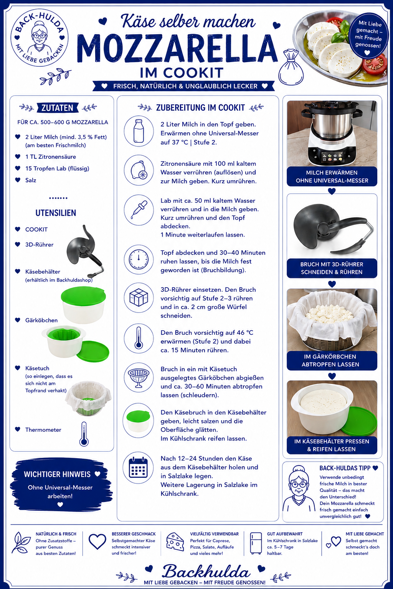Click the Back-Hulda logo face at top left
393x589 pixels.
point(40,37)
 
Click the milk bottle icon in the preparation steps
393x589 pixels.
point(139,131)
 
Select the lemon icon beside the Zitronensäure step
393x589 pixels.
point(139,170)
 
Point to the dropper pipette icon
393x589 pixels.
point(139,210)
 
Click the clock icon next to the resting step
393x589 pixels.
point(139,260)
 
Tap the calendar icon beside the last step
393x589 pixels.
point(139,468)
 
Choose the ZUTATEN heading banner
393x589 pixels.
point(58,108)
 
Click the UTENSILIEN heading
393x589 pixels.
point(56,213)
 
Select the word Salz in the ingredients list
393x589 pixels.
point(31,180)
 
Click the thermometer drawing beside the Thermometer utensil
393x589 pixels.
point(84,434)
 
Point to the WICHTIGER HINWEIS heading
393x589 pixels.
point(57,474)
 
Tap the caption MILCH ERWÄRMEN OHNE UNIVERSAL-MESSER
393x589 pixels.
point(332,176)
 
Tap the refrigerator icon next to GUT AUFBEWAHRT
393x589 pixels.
point(256,543)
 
